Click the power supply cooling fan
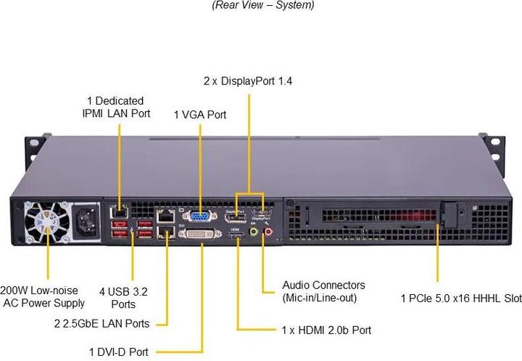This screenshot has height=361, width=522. pyautogui.click(x=48, y=222)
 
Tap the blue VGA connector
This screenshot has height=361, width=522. pyautogui.click(x=199, y=216)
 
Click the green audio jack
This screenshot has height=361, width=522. pyautogui.click(x=254, y=232)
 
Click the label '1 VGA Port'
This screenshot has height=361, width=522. pyautogui.click(x=200, y=114)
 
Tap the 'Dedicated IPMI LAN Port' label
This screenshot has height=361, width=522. pyautogui.click(x=116, y=107)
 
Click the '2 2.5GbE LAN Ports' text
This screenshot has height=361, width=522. pyautogui.click(x=101, y=323)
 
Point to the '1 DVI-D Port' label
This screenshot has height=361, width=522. pyautogui.click(x=119, y=352)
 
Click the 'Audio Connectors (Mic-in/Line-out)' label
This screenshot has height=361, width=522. pyautogui.click(x=323, y=291)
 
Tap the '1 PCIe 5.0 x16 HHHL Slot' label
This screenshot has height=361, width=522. pyautogui.click(x=461, y=298)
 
